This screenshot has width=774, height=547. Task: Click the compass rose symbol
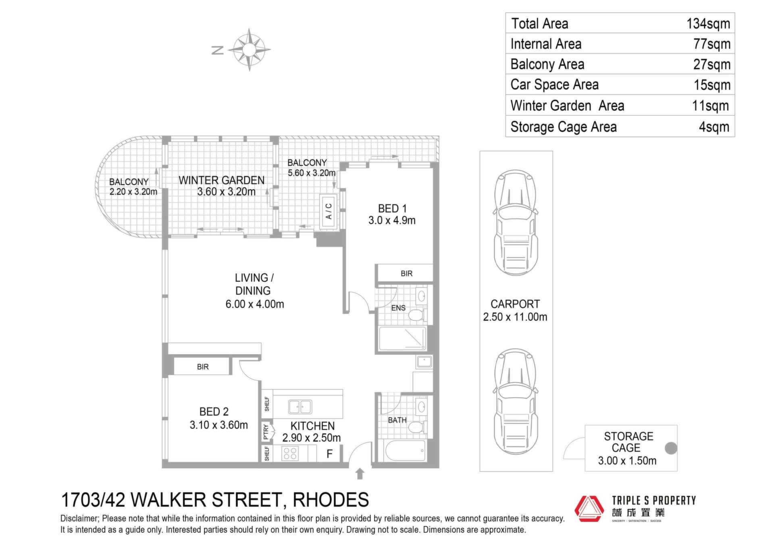249,50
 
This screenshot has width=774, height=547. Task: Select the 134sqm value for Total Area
708,24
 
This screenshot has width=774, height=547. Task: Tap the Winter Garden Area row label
567,106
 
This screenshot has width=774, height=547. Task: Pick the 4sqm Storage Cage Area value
714,127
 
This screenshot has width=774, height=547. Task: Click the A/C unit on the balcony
329,212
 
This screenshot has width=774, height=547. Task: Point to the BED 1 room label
392,208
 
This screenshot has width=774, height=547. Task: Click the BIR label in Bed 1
406,273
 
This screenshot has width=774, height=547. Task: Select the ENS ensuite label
398,308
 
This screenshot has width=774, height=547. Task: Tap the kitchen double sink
300,407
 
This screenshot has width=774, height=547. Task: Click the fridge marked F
329,454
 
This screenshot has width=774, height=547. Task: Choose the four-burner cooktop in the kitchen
290,453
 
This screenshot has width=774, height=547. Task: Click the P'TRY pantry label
266,432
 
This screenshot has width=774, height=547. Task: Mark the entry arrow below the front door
360,474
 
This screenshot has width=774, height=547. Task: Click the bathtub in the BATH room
405,451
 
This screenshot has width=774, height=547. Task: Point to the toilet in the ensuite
416,315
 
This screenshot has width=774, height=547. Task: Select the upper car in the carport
516,223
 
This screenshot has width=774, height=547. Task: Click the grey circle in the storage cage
671,448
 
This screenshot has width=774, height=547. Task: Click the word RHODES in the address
331,500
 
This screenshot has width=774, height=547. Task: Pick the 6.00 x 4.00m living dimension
255,304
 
